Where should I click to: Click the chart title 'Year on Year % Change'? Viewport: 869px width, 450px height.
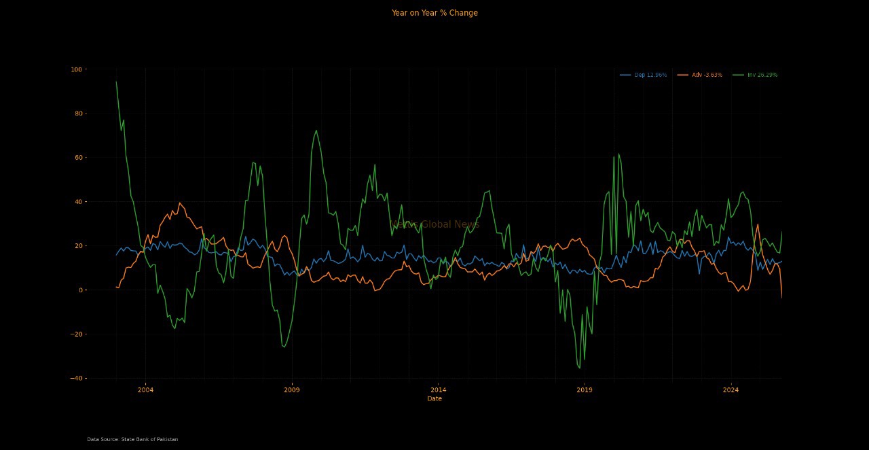(434, 13)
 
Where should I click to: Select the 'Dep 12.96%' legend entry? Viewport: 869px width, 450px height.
(650, 75)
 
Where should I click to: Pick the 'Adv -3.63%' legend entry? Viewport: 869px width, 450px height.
(707, 75)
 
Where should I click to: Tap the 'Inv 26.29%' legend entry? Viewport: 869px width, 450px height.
(762, 75)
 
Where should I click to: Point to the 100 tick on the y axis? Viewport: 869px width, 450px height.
(75, 69)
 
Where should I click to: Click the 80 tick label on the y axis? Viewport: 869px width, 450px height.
(77, 114)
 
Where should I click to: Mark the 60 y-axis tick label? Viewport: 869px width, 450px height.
(77, 158)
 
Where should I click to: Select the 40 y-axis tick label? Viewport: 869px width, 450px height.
(77, 202)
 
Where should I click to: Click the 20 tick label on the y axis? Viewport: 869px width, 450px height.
(77, 246)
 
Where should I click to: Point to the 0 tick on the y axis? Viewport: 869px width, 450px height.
(79, 290)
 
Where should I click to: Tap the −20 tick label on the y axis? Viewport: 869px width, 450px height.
(75, 334)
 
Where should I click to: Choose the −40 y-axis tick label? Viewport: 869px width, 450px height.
(75, 379)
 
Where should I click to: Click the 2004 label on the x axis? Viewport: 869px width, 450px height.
(145, 390)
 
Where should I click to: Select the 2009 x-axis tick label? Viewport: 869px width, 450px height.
(292, 390)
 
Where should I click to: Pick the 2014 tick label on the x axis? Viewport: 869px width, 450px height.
(438, 390)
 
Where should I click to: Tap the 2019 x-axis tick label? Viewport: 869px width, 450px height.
(585, 390)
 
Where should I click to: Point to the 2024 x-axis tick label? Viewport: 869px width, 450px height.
(731, 390)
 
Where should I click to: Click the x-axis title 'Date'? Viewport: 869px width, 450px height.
(434, 399)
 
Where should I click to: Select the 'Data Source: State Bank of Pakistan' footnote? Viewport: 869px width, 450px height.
(132, 440)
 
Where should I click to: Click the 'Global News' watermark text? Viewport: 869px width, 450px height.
(449, 225)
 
